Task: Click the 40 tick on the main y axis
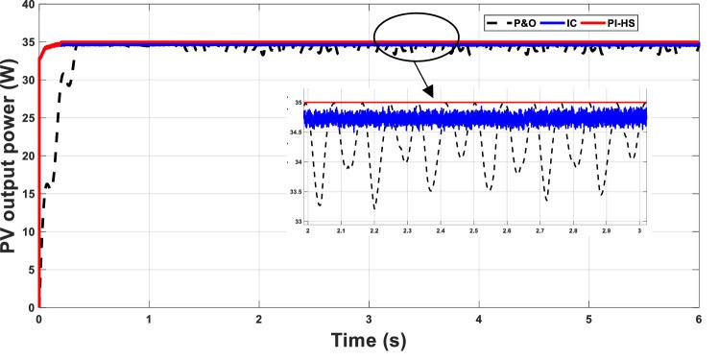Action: coord(26,5)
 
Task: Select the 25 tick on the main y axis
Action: coord(26,118)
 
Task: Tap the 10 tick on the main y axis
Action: coord(26,231)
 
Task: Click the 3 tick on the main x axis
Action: coord(369,319)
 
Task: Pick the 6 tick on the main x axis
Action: coord(699,319)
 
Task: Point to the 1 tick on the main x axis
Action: coord(149,319)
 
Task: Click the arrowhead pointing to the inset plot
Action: coord(428,93)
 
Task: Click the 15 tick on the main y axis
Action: coord(26,194)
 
